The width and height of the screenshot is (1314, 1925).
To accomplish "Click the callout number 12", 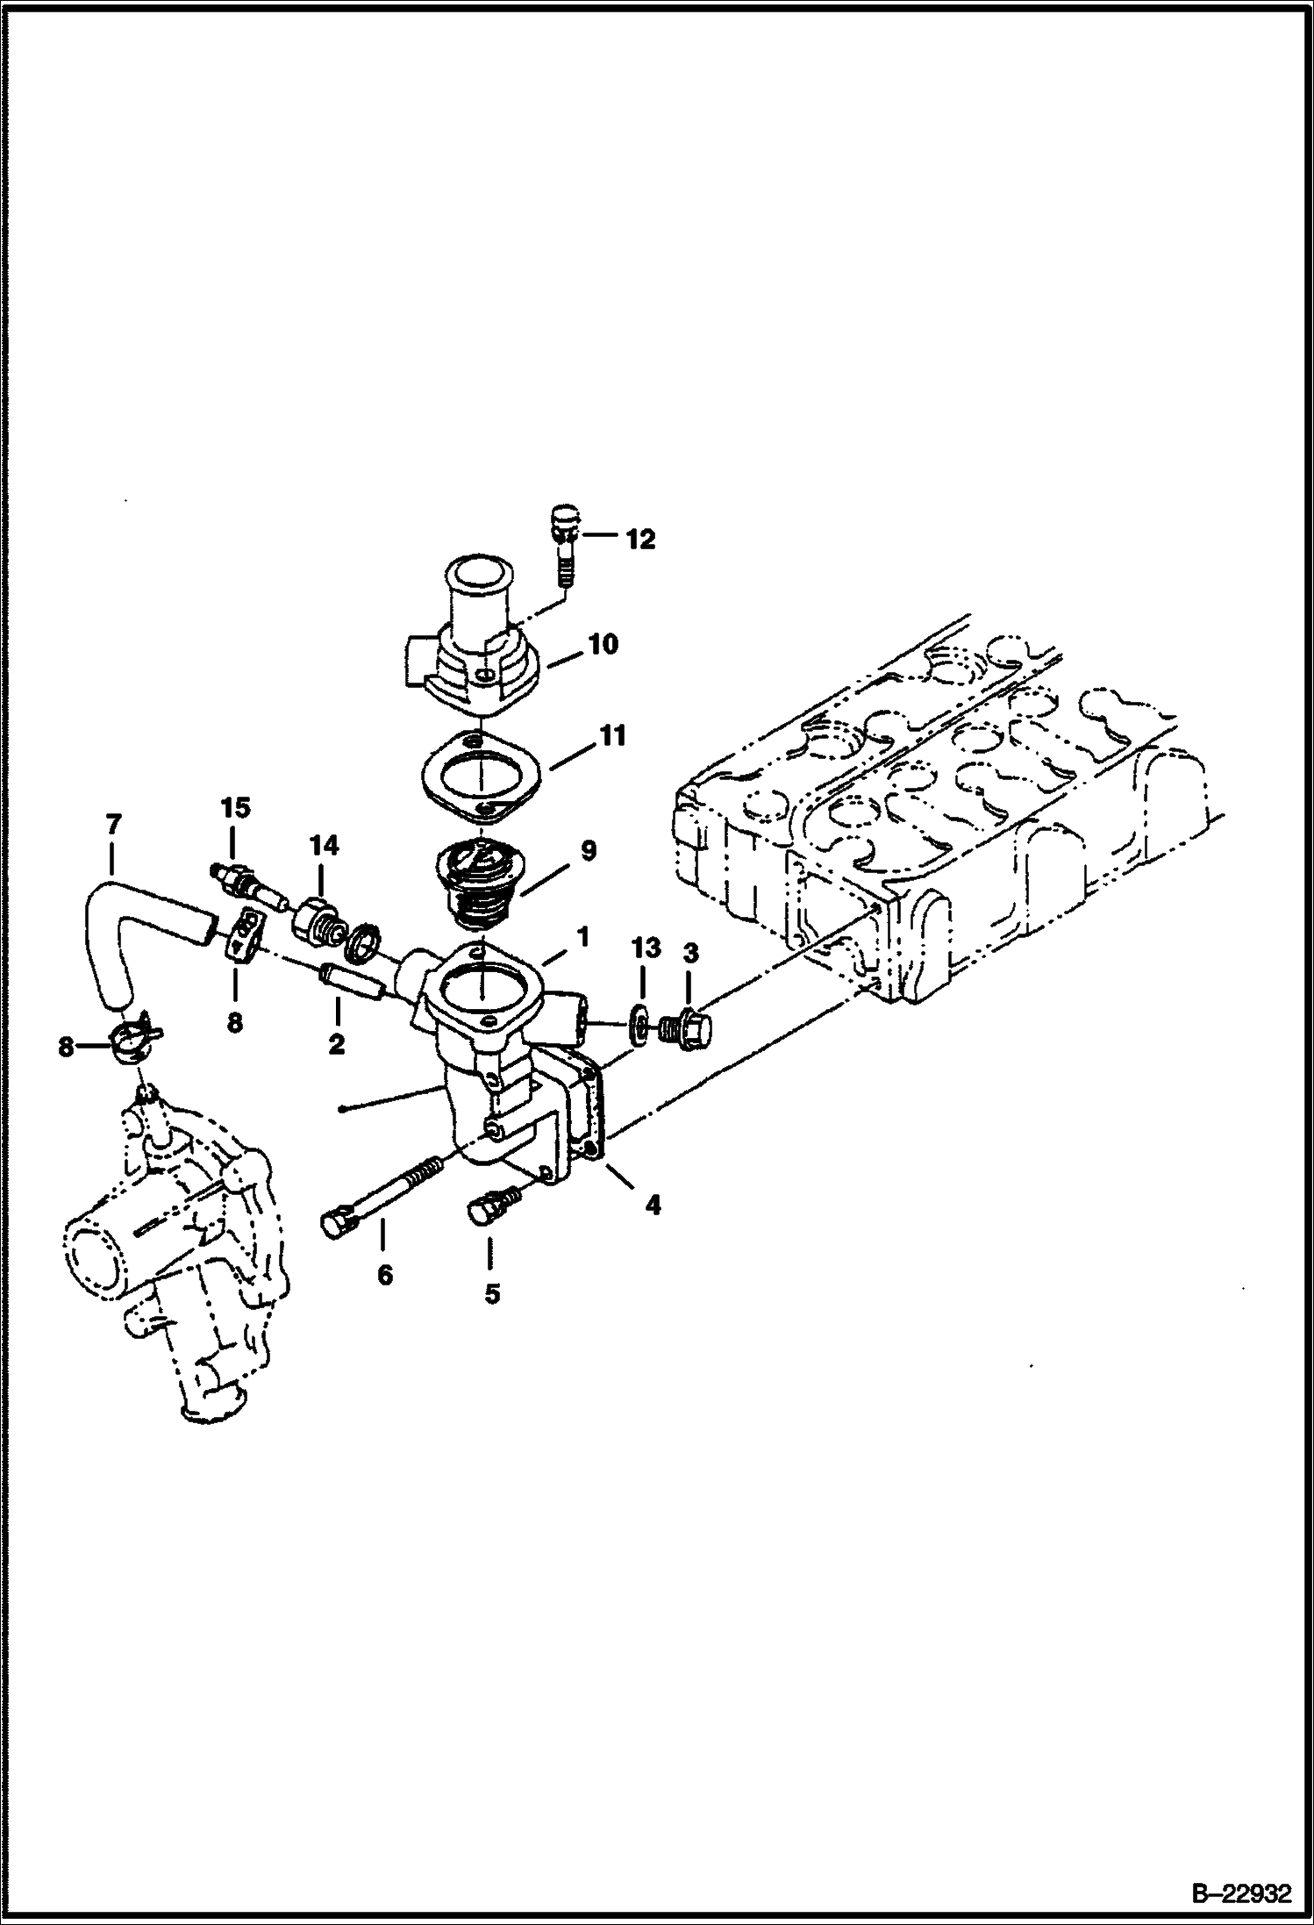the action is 640,540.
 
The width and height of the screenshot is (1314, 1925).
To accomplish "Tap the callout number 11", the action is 612,736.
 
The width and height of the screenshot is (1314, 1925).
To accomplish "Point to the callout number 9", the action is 588,850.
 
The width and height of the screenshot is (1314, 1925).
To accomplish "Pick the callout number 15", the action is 235,807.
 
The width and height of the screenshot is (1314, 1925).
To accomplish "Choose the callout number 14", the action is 323,846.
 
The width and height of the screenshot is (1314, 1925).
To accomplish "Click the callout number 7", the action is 113,825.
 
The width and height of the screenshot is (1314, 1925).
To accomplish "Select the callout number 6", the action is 385,1275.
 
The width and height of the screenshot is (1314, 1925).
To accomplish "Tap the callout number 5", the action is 492,1293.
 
